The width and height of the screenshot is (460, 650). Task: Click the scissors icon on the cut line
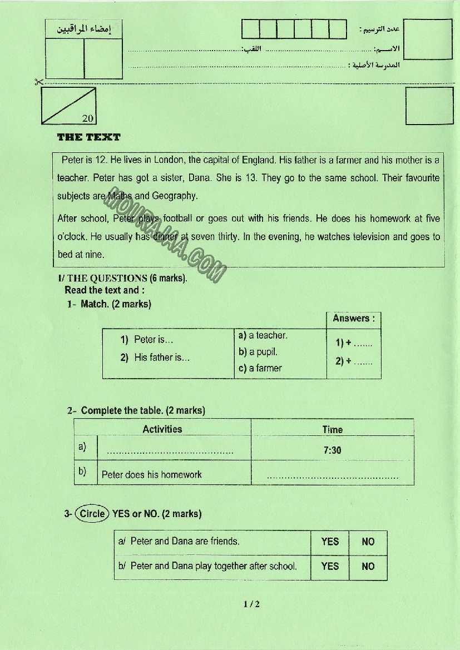(38, 82)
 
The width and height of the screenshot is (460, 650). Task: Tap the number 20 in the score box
(88, 118)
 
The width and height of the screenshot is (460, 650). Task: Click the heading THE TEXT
(88, 137)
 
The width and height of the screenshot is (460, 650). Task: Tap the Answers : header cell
(354, 319)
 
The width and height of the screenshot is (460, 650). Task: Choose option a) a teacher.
(263, 335)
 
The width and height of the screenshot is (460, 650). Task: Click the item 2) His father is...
(155, 358)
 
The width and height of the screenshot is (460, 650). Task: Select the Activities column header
(162, 429)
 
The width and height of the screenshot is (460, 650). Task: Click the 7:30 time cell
(332, 450)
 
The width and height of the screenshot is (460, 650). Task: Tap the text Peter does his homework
(152, 475)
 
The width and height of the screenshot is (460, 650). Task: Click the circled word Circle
(92, 514)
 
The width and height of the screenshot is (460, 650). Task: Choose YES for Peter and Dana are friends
(330, 542)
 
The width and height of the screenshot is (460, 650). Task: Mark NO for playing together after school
(368, 567)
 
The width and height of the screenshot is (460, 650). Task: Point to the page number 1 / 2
(251, 604)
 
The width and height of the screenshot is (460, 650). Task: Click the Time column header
(332, 429)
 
